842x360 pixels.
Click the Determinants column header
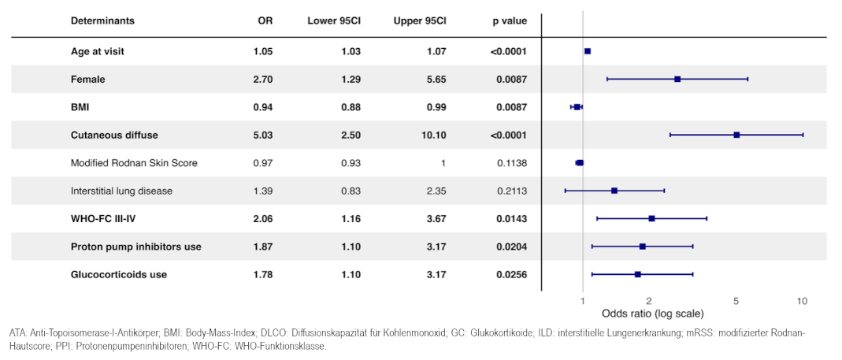coord(102,21)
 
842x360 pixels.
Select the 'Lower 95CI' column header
coord(333,21)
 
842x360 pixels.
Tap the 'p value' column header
coord(510,21)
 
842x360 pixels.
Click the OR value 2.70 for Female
coord(264,79)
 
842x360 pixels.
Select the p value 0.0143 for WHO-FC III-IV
coord(511,219)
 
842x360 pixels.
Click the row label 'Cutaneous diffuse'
coord(114,135)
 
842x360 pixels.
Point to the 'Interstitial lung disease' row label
coord(121,191)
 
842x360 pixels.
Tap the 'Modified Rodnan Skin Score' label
coord(134,163)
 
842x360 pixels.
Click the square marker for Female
coord(677,79)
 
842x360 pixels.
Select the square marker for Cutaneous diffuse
coord(736,135)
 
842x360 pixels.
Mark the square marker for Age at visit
coord(588,51)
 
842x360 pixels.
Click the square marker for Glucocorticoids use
coord(638,275)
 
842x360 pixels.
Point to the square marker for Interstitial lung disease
coord(614,191)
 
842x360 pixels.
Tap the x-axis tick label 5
coord(736,302)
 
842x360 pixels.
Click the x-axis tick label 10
coord(803,302)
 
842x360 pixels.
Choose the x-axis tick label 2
coord(649,302)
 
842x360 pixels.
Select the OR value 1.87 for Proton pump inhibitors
coord(264,247)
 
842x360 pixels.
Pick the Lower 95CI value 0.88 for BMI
coord(351,107)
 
